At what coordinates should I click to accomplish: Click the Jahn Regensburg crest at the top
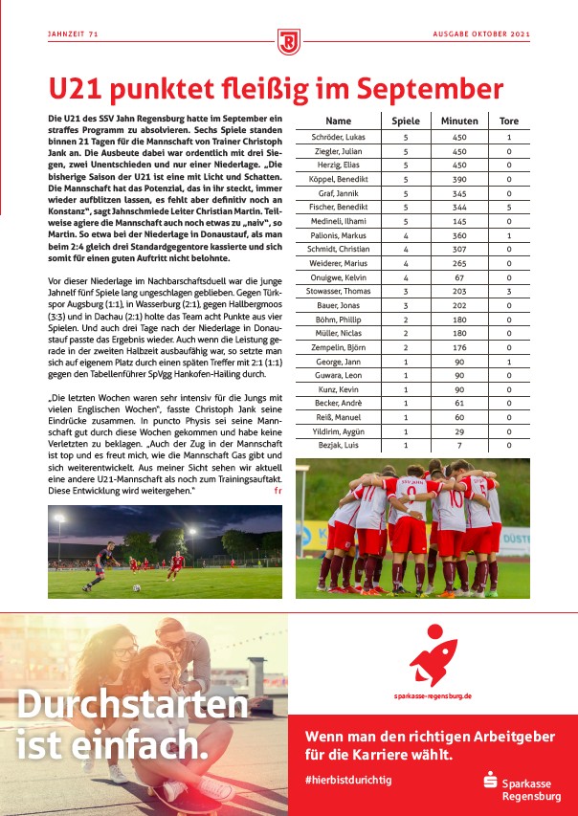[289, 41]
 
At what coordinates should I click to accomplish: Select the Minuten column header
[459, 121]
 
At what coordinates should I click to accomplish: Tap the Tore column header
[509, 121]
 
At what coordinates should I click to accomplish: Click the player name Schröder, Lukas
[339, 138]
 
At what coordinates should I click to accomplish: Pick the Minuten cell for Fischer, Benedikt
[459, 207]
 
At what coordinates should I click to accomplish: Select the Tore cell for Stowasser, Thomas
[509, 290]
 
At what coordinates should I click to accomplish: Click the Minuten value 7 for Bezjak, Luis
[459, 445]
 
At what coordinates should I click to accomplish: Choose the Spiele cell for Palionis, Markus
[406, 234]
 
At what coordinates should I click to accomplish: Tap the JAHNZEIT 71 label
[74, 34]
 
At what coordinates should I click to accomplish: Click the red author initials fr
[278, 490]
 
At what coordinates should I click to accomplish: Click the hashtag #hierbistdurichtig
[348, 780]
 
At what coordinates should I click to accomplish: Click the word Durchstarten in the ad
[131, 706]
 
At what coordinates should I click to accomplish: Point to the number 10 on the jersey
[456, 498]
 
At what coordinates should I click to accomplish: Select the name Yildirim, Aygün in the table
[339, 431]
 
